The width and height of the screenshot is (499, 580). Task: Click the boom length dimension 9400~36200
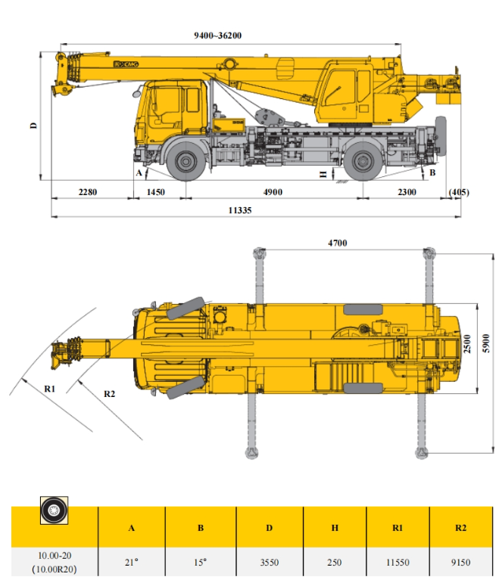point(217,36)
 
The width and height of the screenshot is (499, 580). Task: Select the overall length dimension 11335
point(240,210)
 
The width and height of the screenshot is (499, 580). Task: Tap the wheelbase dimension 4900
point(273,192)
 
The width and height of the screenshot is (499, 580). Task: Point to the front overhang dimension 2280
point(87,192)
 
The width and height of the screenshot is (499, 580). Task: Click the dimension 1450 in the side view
point(155,192)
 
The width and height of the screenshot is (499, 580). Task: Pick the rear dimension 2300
point(407,192)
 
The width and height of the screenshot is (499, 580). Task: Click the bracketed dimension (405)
point(459,192)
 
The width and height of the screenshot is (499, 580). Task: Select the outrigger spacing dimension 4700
point(338,243)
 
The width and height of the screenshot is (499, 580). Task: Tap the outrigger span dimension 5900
point(486,343)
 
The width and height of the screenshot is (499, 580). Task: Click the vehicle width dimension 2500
point(467,344)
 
